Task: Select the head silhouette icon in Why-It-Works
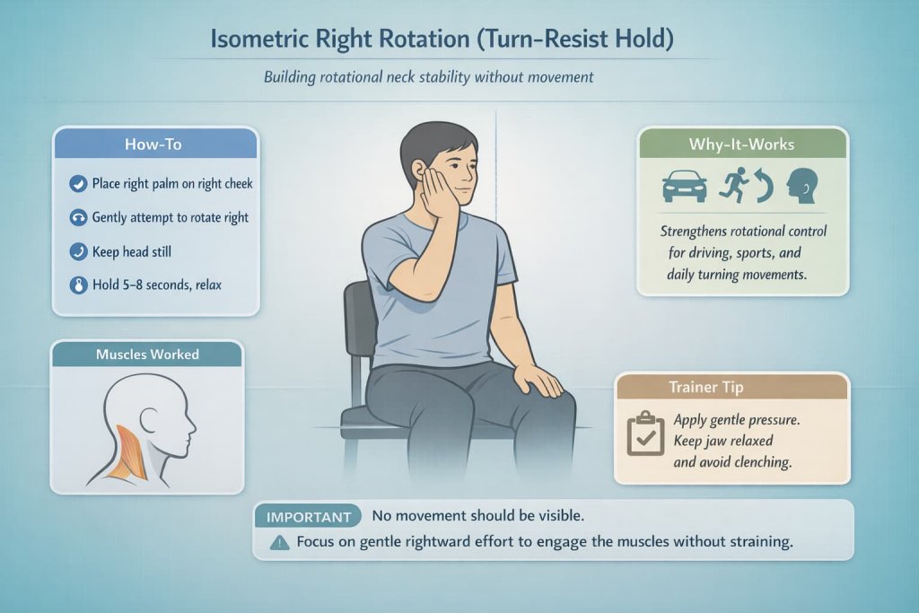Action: pyautogui.click(x=801, y=186)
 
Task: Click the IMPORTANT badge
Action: pyautogui.click(x=308, y=517)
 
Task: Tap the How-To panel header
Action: pyautogui.click(x=155, y=144)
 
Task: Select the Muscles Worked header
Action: pyautogui.click(x=147, y=355)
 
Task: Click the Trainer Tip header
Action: pyautogui.click(x=731, y=387)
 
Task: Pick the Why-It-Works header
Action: pyautogui.click(x=741, y=144)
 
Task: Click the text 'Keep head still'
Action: pyautogui.click(x=132, y=252)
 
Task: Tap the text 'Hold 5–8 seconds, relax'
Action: pyautogui.click(x=157, y=285)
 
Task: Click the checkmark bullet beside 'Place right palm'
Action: pyautogui.click(x=77, y=185)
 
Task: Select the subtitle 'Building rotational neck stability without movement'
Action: pyautogui.click(x=428, y=77)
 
